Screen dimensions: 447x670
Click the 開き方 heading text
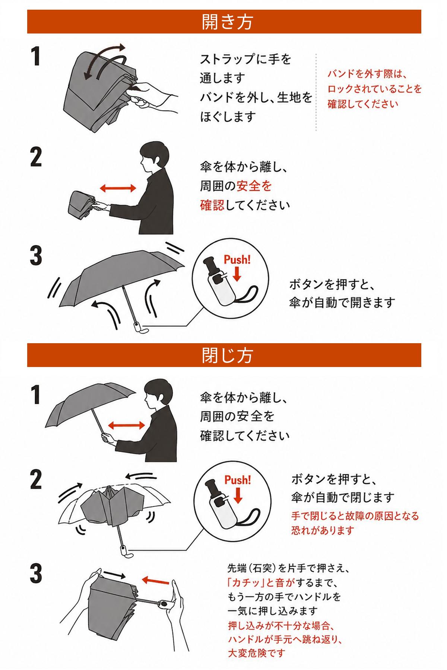pos(227,22)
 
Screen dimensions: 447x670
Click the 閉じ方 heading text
pos(227,355)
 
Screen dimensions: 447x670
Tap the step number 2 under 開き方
pos(36,158)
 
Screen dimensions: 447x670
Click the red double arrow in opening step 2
pos(118,188)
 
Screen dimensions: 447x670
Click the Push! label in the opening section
pos(237,259)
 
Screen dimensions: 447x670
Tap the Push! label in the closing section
pos(238,479)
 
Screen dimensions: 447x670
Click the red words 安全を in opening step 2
pos(254,186)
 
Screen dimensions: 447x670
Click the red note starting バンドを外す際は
pos(374,89)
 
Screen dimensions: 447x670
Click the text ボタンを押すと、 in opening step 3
pos(332,285)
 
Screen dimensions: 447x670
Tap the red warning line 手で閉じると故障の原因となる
pos(355,516)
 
